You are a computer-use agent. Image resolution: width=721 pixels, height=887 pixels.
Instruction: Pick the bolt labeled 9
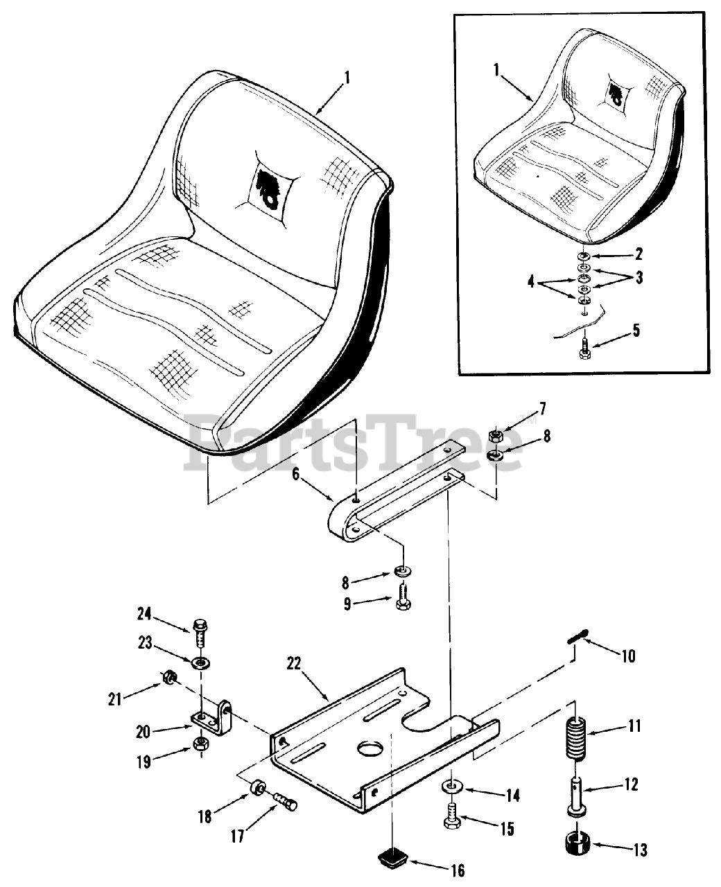point(403,595)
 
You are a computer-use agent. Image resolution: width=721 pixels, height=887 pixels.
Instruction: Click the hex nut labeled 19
point(201,745)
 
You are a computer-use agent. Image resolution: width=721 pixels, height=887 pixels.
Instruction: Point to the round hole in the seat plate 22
point(373,750)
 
